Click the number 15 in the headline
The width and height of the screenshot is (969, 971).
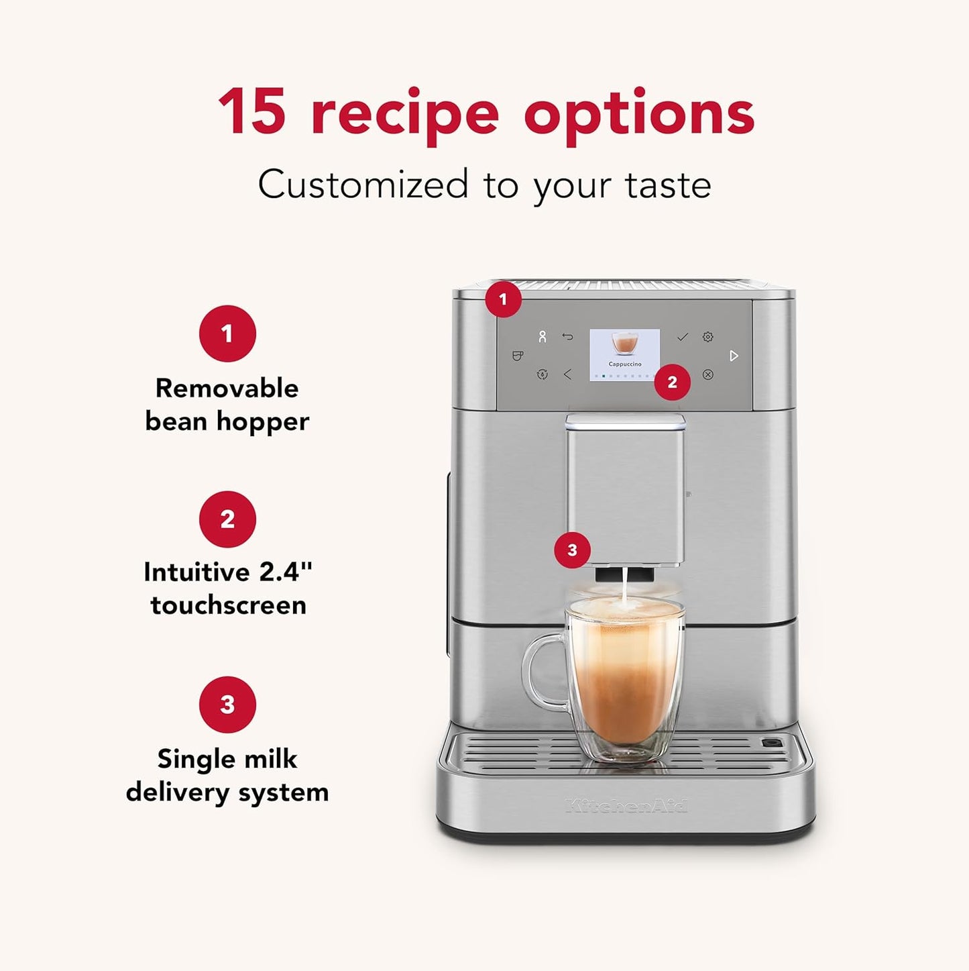(252, 113)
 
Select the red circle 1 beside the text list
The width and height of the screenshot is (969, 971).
(227, 334)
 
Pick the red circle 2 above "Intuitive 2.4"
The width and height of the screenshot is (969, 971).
(227, 519)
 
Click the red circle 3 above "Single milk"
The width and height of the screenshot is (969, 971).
(227, 705)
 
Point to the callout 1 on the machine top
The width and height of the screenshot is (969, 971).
(503, 299)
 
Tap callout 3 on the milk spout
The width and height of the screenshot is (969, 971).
(572, 550)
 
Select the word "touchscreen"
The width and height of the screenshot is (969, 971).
(228, 605)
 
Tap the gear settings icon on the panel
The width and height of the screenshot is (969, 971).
(707, 337)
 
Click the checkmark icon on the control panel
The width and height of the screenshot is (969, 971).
(682, 337)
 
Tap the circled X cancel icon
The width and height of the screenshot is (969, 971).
(707, 374)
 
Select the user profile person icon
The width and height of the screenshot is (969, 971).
(542, 337)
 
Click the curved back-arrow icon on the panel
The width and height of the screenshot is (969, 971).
(567, 337)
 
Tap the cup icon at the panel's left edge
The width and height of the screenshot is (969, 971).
(517, 356)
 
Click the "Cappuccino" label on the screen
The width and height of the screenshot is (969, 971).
(624, 364)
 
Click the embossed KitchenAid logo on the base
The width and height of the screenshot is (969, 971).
(626, 805)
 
